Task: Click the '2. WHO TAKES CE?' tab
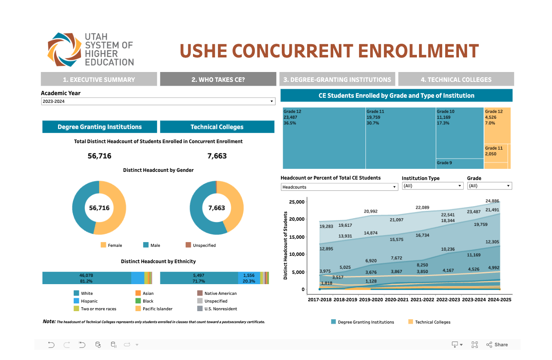tap(218, 79)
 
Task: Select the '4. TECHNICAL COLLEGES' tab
tap(456, 79)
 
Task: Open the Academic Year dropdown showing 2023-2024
tap(158, 102)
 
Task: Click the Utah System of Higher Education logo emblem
tap(64, 50)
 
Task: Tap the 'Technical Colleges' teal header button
tap(217, 127)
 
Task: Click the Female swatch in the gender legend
tap(103, 245)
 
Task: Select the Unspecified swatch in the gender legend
tap(188, 245)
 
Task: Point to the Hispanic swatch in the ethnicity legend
tap(76, 301)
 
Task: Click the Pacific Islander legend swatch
tap(138, 309)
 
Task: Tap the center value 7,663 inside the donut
tap(217, 208)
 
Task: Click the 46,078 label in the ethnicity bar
tap(86, 275)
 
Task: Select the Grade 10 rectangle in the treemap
tap(459, 133)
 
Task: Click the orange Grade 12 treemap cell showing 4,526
tap(497, 125)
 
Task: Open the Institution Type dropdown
tap(432, 186)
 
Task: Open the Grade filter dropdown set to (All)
tap(489, 186)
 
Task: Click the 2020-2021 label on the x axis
tap(397, 300)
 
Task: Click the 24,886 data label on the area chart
tap(492, 201)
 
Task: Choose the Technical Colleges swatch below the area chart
tap(410, 322)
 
